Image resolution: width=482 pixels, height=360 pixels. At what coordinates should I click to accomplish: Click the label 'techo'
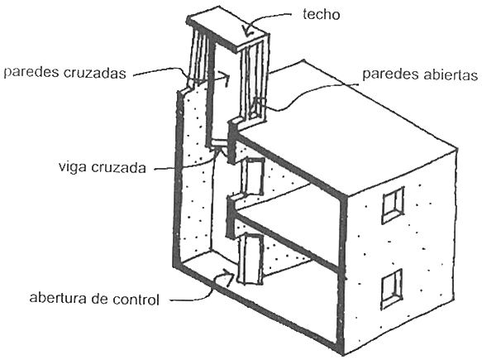[322, 14]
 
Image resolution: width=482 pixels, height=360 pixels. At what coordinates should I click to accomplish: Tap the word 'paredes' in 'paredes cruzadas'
[32, 73]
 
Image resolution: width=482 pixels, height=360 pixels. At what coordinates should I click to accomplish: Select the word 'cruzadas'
[95, 73]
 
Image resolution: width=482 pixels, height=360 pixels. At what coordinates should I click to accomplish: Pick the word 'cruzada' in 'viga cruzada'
[119, 168]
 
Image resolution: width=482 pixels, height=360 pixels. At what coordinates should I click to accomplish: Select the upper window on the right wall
[393, 205]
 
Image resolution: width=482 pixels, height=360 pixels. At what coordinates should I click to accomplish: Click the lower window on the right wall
[393, 289]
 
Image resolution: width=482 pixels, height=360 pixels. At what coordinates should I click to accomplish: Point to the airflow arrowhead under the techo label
[247, 31]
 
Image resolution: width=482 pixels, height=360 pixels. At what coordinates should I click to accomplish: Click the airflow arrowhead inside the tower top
[226, 79]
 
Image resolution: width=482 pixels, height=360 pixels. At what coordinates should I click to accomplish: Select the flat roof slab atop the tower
[228, 31]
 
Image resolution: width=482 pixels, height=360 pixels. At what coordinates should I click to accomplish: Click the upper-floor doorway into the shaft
[253, 176]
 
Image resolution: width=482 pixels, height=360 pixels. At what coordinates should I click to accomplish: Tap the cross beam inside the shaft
[219, 143]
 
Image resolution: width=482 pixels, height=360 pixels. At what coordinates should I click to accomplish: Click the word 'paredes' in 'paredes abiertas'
[389, 74]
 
